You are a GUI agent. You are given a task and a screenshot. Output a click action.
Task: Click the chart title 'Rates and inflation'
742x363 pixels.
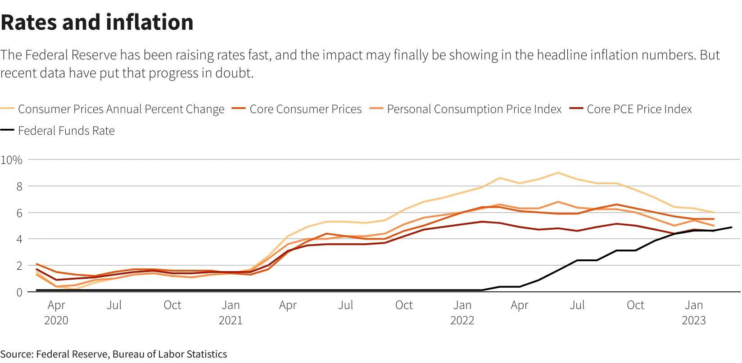coord(97,22)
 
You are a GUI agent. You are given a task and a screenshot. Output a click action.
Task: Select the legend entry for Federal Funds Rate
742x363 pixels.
coord(66,131)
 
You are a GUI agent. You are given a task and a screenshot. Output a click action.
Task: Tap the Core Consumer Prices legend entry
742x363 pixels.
coord(305,109)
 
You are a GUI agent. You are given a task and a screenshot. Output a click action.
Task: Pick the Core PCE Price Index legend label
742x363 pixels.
coord(639,109)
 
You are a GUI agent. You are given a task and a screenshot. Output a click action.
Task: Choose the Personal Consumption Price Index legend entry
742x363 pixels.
coord(474,109)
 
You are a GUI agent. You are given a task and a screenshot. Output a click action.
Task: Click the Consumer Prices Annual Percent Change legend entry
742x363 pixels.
coord(121,109)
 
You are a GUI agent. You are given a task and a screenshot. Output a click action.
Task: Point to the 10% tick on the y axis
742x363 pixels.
coord(12,160)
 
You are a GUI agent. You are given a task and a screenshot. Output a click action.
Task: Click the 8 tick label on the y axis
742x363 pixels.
coord(19,186)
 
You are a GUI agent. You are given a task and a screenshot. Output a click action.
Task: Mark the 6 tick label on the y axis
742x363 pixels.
coord(19,213)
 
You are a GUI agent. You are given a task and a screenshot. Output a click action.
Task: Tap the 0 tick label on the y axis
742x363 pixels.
coord(19,292)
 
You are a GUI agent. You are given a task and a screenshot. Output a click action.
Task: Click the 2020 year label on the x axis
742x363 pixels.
coord(56,320)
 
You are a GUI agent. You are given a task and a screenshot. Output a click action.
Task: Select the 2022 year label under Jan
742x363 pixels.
coord(462,320)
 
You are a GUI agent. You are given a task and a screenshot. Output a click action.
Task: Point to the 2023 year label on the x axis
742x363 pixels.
coord(694,320)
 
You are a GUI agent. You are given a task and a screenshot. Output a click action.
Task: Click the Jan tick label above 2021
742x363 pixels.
coord(231,305)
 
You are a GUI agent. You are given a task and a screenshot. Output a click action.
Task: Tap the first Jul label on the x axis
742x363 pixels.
coord(114,305)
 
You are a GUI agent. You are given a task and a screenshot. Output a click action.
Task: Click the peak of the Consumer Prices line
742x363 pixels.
coord(558,172)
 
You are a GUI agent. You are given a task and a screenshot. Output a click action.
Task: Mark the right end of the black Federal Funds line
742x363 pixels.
coord(731,227)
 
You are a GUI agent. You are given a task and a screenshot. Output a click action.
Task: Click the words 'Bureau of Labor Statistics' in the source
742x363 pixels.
coord(170,354)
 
